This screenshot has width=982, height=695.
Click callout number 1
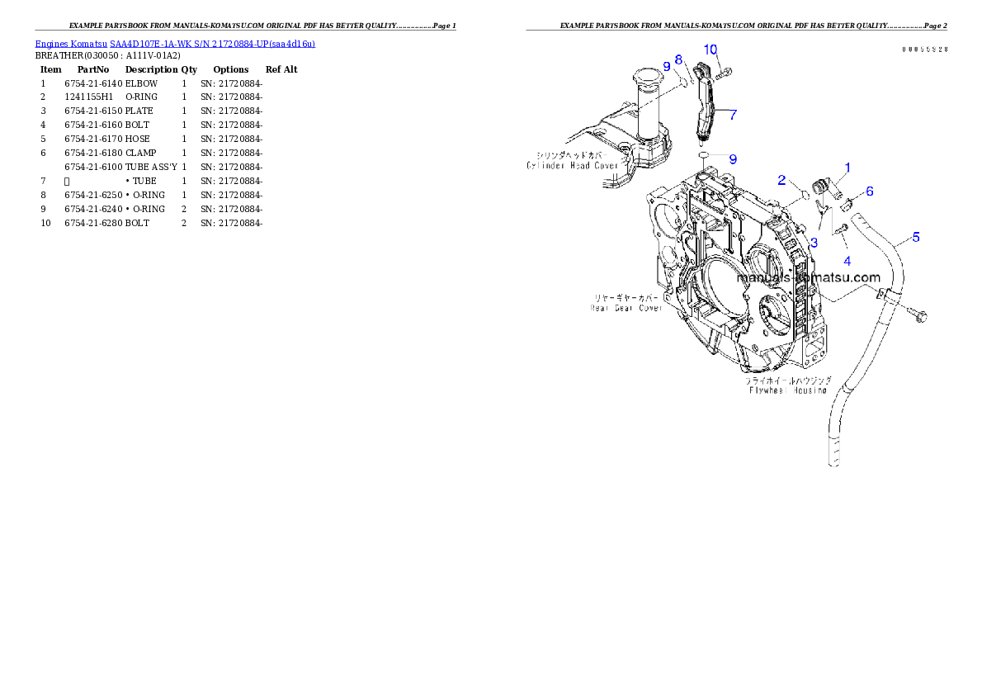point(847,168)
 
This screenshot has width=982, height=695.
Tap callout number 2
point(781,180)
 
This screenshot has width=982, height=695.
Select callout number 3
point(814,243)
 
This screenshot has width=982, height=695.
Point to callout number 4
point(847,261)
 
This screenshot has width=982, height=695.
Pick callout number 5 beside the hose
point(916,238)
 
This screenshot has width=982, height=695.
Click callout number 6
point(869,191)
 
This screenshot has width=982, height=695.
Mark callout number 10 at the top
point(711,50)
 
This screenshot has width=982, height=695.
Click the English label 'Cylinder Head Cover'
point(573,165)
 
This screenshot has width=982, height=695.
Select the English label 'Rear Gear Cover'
point(626,308)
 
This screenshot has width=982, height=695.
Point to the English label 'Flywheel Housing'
point(787,390)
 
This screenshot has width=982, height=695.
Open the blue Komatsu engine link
point(175,43)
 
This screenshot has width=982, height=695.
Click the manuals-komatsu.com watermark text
point(808,278)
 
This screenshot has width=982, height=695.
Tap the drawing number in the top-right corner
point(923,50)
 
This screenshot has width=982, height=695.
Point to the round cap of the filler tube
point(651,80)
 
